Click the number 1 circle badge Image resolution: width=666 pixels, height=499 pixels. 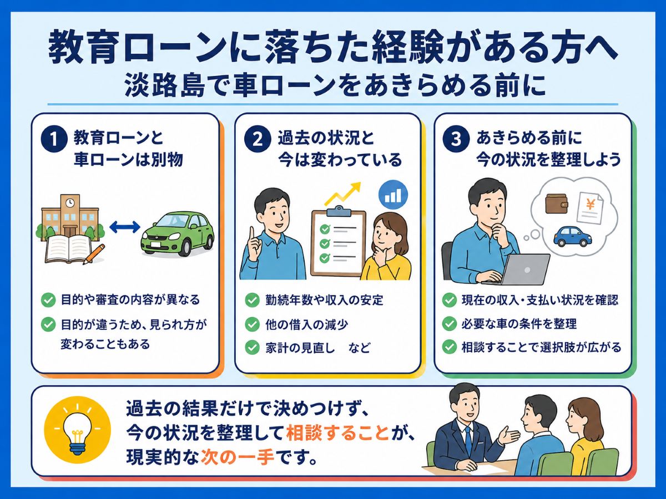pyautogui.click(x=54, y=140)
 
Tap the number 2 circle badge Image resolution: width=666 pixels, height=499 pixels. pyautogui.click(x=258, y=140)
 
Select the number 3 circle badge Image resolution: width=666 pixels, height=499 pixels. pyautogui.click(x=456, y=140)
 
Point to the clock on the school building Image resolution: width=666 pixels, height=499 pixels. pyautogui.click(x=70, y=202)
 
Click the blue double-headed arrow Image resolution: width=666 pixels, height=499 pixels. pyautogui.click(x=124, y=227)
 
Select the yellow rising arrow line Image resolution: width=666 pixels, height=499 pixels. pyautogui.click(x=343, y=194)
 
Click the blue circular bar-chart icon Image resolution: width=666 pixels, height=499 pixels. pyautogui.click(x=393, y=195)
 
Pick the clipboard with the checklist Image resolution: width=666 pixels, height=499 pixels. pyautogui.click(x=339, y=241)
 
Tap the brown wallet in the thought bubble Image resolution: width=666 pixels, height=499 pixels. pyautogui.click(x=557, y=204)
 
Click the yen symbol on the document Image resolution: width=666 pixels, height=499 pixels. pyautogui.click(x=590, y=205)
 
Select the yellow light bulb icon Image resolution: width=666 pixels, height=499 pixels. pyautogui.click(x=77, y=431)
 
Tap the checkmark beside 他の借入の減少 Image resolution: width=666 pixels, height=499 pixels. pyautogui.click(x=252, y=324)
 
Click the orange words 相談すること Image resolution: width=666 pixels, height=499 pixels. pyautogui.click(x=337, y=433)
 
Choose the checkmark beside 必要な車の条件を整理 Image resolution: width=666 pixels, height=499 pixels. pyautogui.click(x=450, y=324)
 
